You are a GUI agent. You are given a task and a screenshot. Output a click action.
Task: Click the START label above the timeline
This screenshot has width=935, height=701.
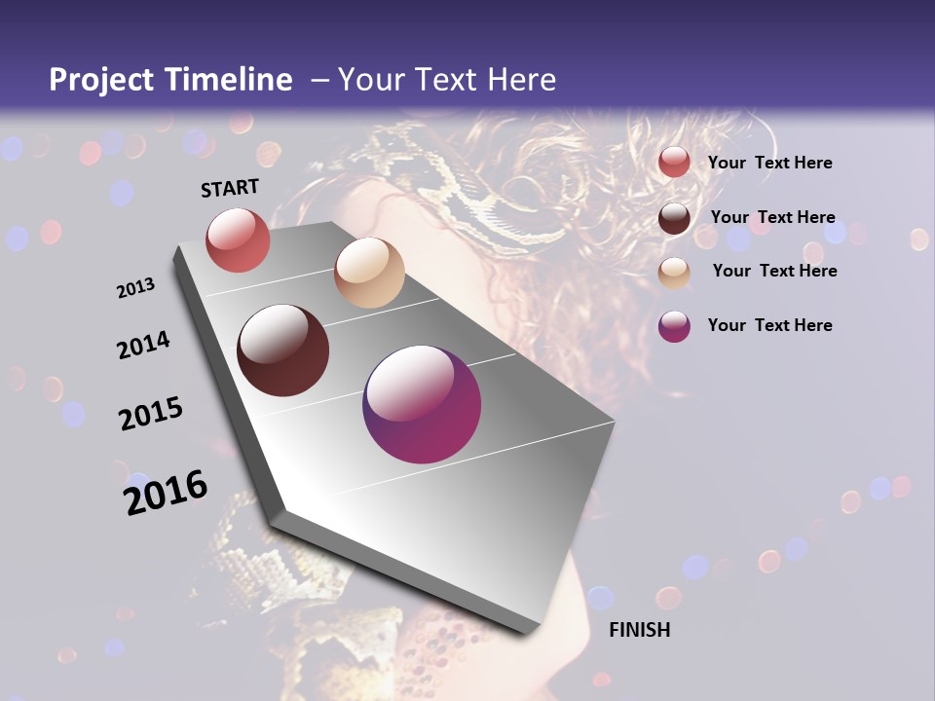click(x=230, y=188)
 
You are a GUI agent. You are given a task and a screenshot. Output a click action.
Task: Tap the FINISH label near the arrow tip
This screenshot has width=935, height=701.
click(x=640, y=630)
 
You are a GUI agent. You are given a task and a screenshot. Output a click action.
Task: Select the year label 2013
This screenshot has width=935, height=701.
click(x=136, y=288)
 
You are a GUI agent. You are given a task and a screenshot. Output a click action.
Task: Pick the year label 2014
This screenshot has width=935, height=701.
click(x=143, y=346)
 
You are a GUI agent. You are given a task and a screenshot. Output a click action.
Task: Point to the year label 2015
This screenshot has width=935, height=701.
click(x=151, y=414)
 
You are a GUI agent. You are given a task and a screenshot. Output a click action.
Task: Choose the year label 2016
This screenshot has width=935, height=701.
click(x=166, y=493)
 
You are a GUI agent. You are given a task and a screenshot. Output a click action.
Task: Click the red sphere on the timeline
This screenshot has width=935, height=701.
click(x=238, y=240)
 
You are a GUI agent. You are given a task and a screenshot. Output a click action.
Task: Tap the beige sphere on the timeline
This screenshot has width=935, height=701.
click(x=369, y=273)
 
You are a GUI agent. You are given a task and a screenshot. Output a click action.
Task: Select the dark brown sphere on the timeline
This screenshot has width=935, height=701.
click(x=283, y=350)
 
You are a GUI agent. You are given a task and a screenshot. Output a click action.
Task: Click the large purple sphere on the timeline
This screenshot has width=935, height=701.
click(x=422, y=404)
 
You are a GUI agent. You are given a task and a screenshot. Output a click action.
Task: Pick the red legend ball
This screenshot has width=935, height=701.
click(x=674, y=163)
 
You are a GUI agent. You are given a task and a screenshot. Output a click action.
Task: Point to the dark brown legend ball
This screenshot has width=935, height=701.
click(x=674, y=218)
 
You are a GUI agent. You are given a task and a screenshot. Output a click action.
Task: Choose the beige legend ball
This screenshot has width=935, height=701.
click(x=674, y=272)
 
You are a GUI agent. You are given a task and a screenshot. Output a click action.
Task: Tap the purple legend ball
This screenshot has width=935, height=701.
click(x=674, y=326)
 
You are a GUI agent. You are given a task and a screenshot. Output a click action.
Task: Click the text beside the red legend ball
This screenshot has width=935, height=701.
click(x=769, y=164)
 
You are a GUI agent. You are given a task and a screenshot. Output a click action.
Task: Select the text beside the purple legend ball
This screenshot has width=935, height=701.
click(x=769, y=325)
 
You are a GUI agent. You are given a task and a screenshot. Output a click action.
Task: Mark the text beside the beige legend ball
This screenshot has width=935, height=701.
click(x=774, y=271)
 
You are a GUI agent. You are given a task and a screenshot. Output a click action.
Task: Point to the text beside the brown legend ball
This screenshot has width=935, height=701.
click(x=772, y=217)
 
